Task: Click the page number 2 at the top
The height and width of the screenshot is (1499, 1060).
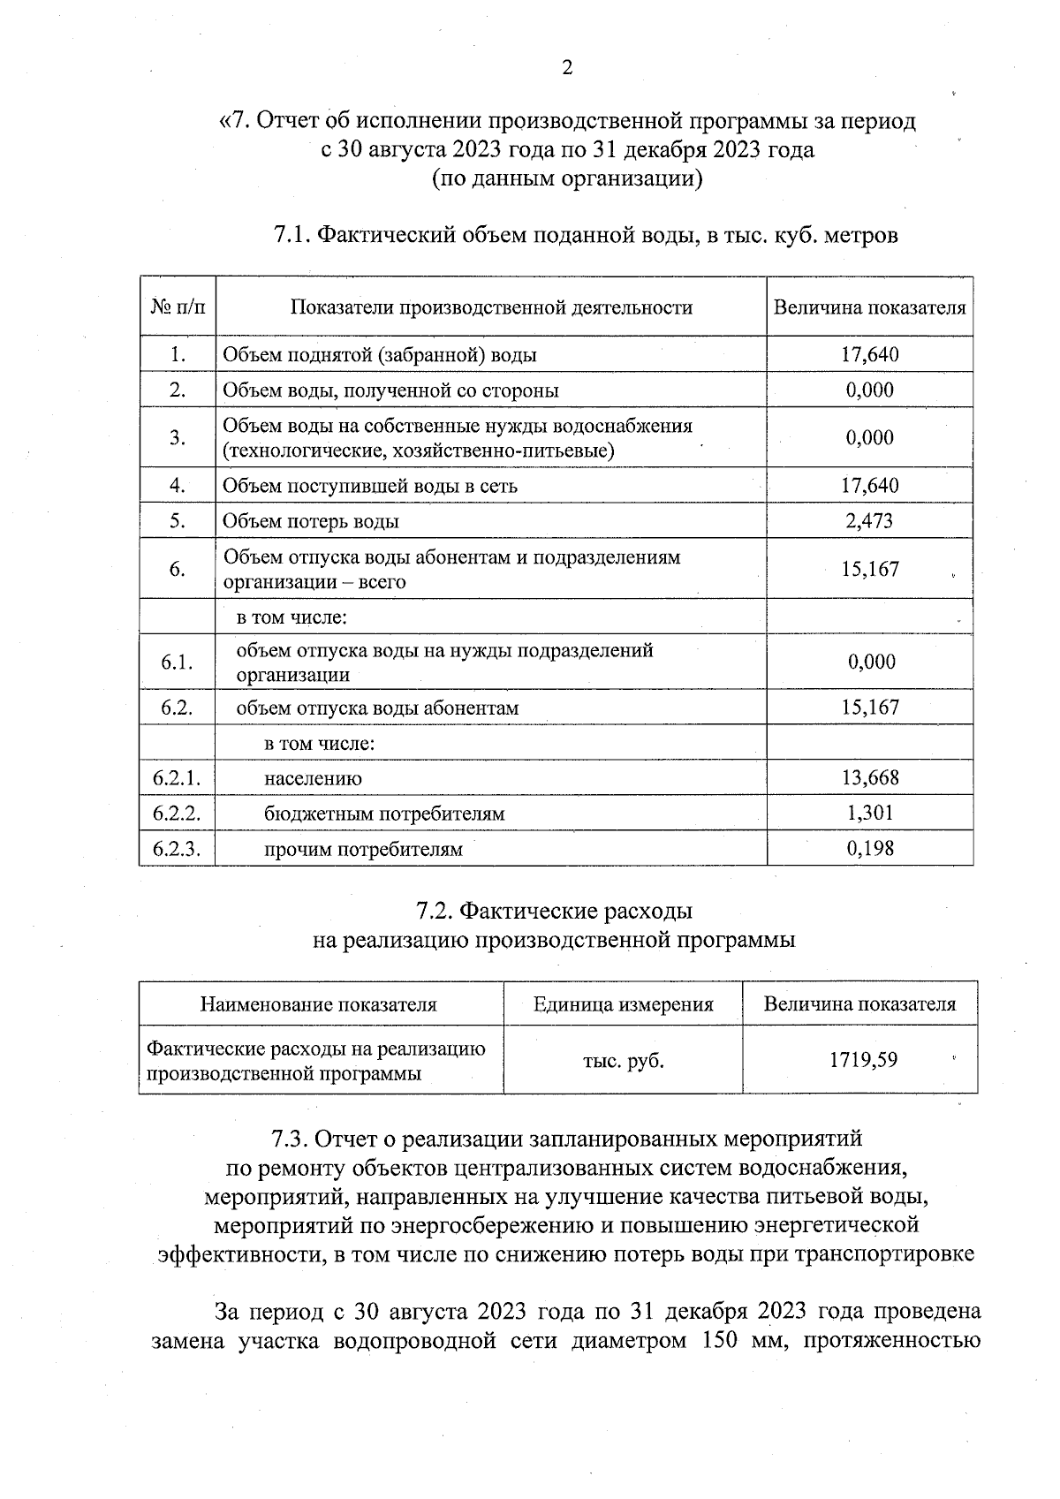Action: (567, 68)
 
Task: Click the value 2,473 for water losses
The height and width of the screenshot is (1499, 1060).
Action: (869, 521)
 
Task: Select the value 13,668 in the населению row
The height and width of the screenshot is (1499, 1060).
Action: (869, 778)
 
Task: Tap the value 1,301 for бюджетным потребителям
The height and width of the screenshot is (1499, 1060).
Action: (869, 814)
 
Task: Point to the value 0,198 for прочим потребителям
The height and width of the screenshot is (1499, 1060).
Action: (869, 850)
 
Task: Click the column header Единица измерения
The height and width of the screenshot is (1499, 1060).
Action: (623, 1004)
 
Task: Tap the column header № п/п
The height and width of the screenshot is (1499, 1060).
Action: (177, 307)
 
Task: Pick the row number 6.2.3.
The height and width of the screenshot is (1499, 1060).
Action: (177, 850)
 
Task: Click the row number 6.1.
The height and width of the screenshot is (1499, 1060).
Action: (177, 662)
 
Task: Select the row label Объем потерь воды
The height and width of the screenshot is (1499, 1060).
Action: (311, 522)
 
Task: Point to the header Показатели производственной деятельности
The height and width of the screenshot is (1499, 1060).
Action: (491, 307)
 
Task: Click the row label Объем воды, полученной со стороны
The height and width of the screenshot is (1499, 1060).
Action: (390, 390)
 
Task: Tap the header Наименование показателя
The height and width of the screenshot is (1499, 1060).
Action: (319, 1004)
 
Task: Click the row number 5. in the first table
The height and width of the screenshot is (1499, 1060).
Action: (177, 521)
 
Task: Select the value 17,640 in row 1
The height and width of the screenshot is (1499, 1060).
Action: (869, 355)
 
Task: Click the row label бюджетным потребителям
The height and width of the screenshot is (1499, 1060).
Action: (384, 814)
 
